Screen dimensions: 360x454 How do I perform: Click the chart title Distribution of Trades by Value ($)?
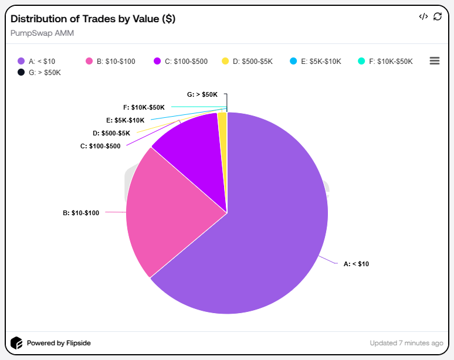coord(93,19)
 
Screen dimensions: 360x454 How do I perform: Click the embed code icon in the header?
coord(423,16)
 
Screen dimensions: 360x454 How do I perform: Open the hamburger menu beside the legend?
coord(435,61)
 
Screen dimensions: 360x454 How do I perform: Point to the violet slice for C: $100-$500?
coord(191,147)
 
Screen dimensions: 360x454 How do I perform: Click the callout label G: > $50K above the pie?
coord(202,94)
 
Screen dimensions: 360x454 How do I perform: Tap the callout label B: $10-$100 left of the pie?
coord(81,213)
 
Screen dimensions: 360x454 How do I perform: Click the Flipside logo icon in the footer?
coord(17,343)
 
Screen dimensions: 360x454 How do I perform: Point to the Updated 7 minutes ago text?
coord(406,343)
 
